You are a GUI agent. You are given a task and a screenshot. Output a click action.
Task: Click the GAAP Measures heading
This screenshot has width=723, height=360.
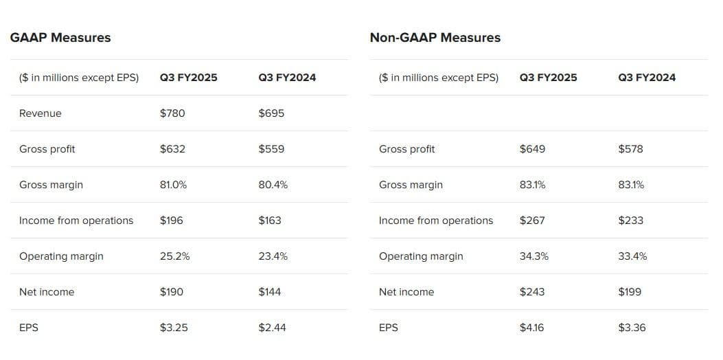click(60, 38)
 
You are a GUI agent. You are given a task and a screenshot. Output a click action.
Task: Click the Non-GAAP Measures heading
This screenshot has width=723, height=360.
click(435, 38)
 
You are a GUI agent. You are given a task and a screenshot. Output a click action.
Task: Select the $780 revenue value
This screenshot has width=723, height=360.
click(172, 113)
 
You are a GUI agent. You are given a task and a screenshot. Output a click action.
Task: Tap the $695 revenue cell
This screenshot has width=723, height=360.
click(271, 113)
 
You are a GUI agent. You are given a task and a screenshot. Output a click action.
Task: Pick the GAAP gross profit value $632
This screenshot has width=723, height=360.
click(172, 149)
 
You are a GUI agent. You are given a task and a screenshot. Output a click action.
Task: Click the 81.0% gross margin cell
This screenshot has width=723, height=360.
click(174, 185)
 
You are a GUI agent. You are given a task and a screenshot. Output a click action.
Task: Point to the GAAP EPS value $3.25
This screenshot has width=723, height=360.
click(174, 328)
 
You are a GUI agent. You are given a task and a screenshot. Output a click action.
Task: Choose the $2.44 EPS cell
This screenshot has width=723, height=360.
click(273, 328)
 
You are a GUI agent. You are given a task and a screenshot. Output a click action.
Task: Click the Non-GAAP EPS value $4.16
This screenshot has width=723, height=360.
click(532, 328)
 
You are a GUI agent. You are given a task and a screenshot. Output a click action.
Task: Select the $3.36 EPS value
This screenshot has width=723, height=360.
click(632, 328)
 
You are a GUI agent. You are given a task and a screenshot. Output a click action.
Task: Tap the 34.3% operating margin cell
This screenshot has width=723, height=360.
click(534, 256)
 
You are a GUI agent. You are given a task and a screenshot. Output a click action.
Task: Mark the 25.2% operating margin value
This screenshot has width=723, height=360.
click(175, 256)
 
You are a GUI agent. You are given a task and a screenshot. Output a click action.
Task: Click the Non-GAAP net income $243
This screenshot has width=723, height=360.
click(532, 292)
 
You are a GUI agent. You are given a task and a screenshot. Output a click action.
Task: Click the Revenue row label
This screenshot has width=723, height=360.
click(41, 113)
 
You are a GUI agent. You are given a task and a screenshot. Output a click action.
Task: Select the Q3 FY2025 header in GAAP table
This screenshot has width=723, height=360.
click(189, 78)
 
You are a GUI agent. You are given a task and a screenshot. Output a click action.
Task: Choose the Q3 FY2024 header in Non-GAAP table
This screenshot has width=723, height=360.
click(647, 78)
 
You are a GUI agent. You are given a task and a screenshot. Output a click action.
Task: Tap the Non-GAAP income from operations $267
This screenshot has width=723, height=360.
click(532, 221)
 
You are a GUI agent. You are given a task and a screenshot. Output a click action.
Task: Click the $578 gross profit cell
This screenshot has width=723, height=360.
click(630, 149)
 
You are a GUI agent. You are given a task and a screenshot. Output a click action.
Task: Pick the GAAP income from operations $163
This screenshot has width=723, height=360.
click(270, 221)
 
